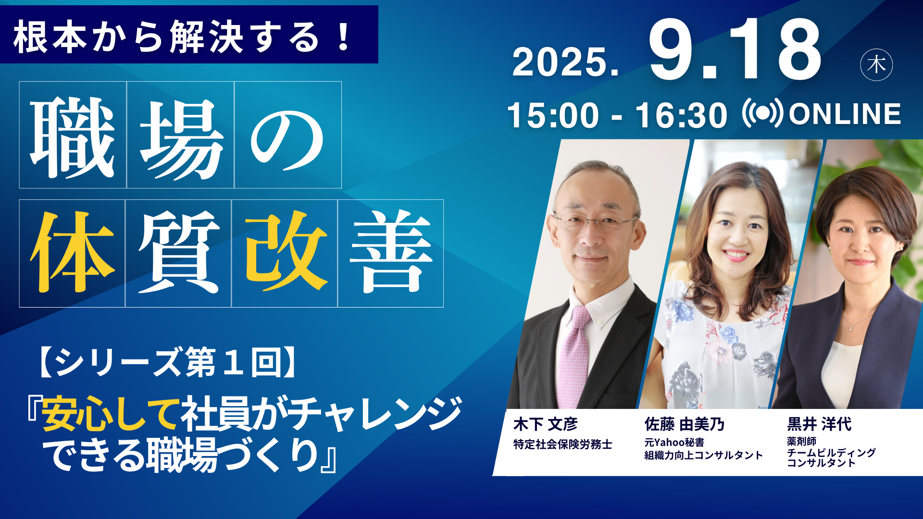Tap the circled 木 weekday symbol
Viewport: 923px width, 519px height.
pos(876,65)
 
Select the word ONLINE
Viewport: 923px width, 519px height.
pos(845,114)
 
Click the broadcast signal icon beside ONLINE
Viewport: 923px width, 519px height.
pos(763,113)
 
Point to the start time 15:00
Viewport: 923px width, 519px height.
pos(553,115)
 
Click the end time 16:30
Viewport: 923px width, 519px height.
pos(681,115)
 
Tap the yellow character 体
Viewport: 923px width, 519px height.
pos(72,252)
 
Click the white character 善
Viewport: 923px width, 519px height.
pos(391,252)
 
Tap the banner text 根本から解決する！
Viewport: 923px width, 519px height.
pos(183,37)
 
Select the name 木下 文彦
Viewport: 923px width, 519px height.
pos(545,424)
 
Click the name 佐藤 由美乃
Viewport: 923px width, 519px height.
pos(685,424)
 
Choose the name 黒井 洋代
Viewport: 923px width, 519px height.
pos(819,424)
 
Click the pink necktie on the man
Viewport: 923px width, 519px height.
pos(574,356)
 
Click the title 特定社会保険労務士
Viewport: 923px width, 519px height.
pos(562,445)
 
